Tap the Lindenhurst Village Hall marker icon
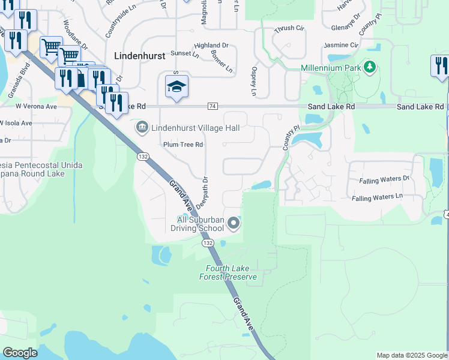142,127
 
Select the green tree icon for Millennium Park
371,67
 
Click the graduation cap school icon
177,88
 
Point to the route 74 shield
212,106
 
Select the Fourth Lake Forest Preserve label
231,272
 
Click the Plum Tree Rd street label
183,145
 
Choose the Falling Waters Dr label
384,179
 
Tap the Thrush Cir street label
289,29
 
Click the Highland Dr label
211,45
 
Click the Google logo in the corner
20,353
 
